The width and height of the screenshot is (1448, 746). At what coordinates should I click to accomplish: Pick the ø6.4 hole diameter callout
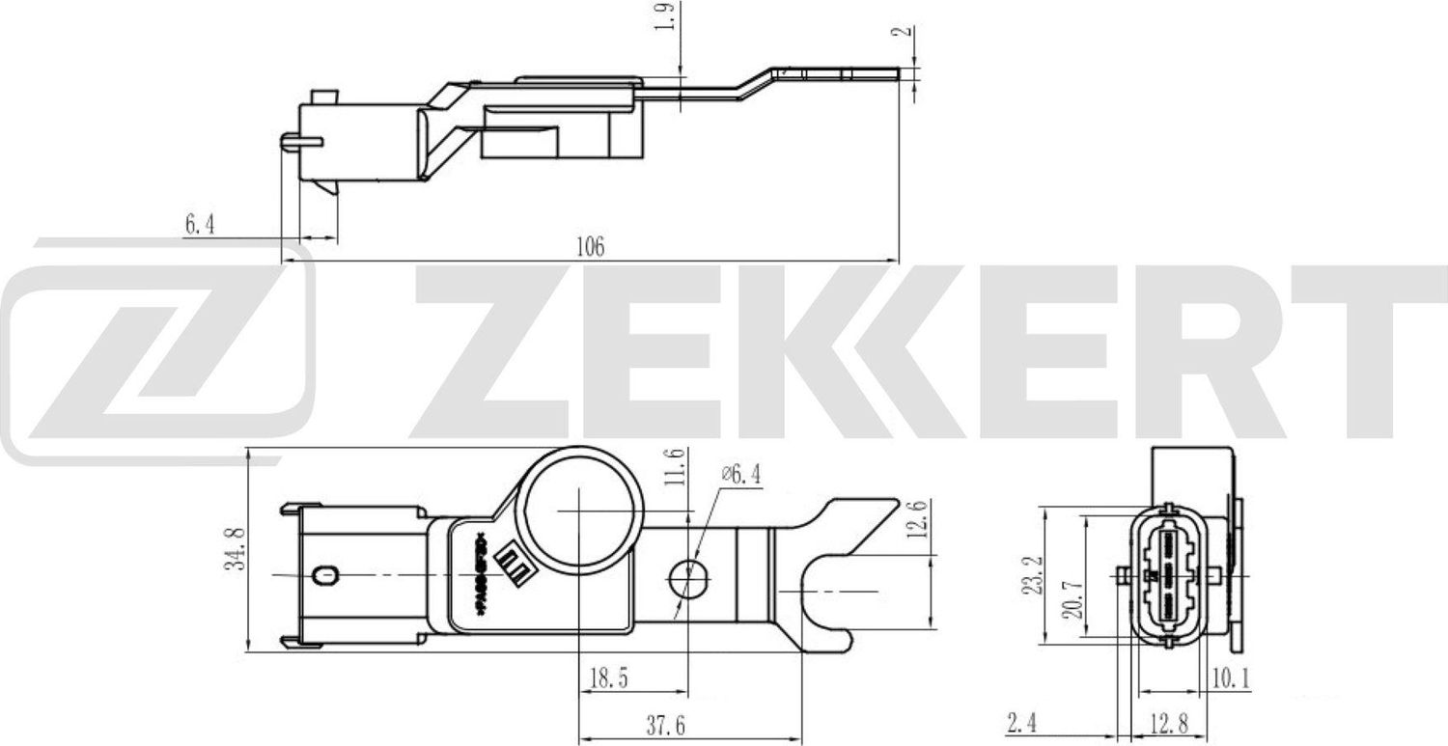click(x=742, y=474)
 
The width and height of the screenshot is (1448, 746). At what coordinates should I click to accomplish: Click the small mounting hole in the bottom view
click(x=687, y=576)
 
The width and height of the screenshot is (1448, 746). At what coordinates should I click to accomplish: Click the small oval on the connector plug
click(x=325, y=576)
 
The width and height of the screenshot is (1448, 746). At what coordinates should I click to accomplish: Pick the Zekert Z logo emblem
click(x=159, y=352)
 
